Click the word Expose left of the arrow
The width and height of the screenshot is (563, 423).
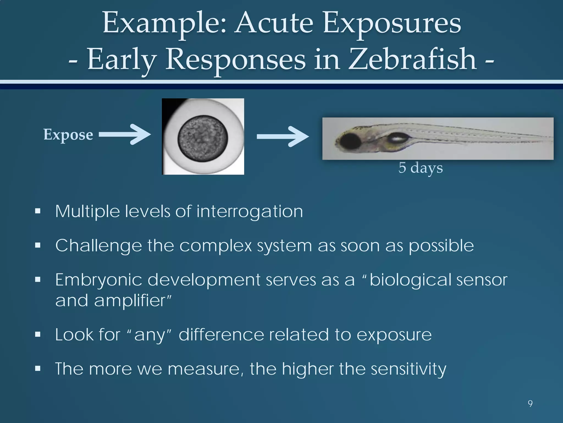[68, 135]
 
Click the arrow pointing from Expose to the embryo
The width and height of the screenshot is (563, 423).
[125, 134]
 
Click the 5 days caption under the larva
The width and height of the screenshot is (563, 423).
[421, 167]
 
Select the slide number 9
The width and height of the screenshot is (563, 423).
[530, 404]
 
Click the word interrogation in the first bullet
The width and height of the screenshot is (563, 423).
[250, 211]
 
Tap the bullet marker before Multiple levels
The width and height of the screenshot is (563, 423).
[38, 211]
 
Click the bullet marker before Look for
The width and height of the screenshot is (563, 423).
[38, 335]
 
